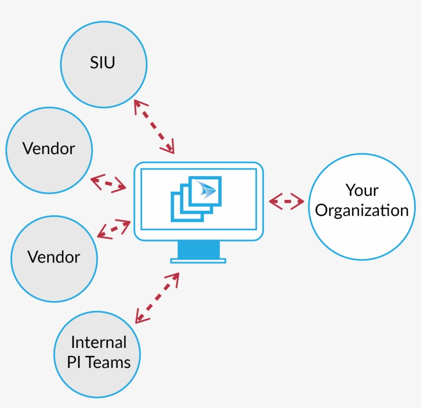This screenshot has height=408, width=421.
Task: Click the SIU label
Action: (103, 63)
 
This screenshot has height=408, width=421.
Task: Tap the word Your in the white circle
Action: (362, 190)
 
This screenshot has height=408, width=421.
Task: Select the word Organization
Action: (362, 210)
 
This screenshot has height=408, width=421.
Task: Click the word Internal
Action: (99, 342)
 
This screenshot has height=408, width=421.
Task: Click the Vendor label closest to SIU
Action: (49, 149)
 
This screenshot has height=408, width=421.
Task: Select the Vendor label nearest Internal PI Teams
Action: (54, 256)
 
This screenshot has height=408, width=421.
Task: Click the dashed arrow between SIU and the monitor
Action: (154, 126)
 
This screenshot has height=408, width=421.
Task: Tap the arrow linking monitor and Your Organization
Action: (286, 201)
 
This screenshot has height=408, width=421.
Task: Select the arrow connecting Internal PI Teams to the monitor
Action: (157, 298)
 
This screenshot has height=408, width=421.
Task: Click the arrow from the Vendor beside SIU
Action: (108, 183)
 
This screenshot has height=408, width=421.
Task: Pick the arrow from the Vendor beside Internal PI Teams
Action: (113, 229)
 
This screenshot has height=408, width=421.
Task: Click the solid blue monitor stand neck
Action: (198, 250)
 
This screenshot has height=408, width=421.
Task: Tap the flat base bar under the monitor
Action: (198, 261)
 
